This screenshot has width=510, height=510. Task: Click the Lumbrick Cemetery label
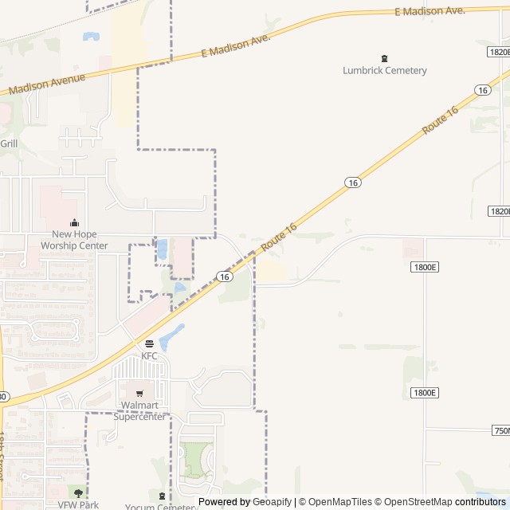[385, 70]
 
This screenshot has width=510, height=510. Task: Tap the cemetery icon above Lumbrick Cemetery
[385, 58]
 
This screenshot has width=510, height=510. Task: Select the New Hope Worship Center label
[74, 240]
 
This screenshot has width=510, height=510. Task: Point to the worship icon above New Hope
[74, 223]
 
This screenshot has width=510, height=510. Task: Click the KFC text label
[150, 356]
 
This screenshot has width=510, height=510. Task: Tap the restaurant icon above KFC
[150, 344]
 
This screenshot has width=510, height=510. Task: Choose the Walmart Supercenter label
[139, 410]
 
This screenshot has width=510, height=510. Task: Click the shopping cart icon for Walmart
[139, 394]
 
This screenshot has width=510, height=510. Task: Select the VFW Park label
[78, 505]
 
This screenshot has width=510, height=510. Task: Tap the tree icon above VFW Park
[78, 494]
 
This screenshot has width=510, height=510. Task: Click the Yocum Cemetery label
[161, 507]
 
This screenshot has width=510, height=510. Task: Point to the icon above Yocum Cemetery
[162, 496]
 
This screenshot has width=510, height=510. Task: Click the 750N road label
[501, 430]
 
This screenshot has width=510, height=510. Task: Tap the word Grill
[9, 143]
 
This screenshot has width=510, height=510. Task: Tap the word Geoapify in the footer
[273, 502]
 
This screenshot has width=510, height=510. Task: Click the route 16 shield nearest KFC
[225, 277]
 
